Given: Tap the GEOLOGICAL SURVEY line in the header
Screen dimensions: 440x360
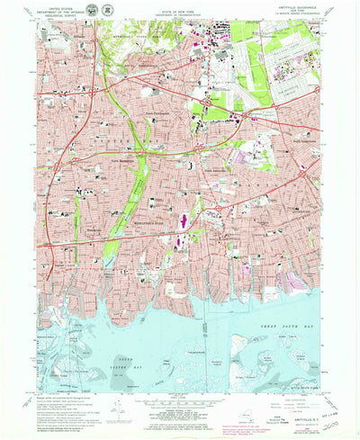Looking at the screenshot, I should (x=62, y=14).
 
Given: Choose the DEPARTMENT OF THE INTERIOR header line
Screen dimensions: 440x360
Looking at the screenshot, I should (x=62, y=9).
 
